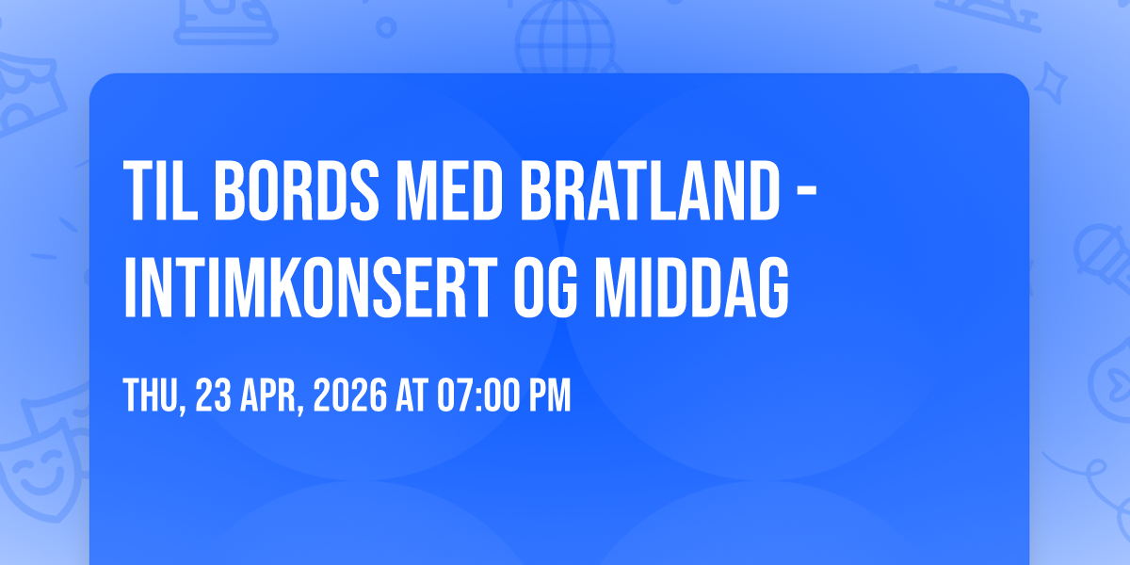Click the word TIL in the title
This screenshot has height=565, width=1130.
click(160, 190)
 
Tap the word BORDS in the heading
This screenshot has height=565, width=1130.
click(297, 190)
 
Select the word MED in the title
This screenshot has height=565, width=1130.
click(449, 190)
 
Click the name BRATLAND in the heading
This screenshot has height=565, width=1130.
click(650, 190)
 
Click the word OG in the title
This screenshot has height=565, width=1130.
click(546, 287)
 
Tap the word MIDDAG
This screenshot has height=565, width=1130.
click(692, 287)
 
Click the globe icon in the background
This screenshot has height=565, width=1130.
click(566, 37)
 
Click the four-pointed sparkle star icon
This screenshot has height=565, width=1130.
click(1050, 84)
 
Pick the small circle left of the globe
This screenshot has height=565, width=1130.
click(386, 27)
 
